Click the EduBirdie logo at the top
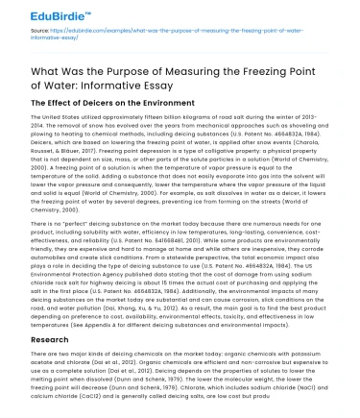point(39,12)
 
